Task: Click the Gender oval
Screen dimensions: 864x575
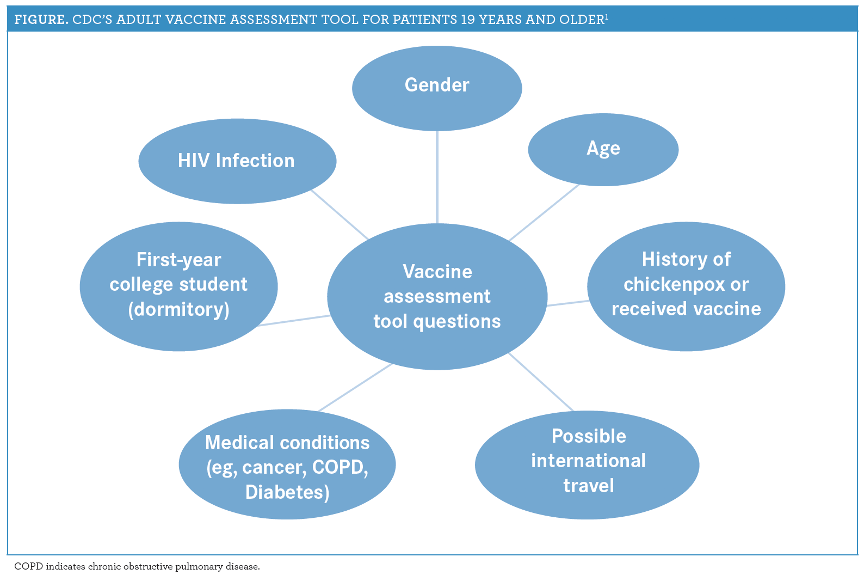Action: point(437,88)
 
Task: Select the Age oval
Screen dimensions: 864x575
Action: point(603,150)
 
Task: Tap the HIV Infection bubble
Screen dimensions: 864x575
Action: point(237,161)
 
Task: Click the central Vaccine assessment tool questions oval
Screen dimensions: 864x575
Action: point(437,296)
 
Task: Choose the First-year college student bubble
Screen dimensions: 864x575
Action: point(178,286)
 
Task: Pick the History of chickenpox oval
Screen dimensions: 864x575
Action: point(686,286)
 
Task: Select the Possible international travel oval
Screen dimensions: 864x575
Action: point(587,464)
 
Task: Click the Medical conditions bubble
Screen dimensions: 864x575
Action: point(287,464)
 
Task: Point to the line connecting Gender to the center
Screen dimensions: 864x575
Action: point(437,177)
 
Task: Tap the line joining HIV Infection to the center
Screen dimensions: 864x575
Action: point(340,214)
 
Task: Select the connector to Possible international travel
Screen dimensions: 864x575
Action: point(541,382)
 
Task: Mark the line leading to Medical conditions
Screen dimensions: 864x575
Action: point(355,387)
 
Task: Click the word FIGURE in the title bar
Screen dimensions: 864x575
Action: point(41,19)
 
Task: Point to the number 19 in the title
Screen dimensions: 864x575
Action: point(467,19)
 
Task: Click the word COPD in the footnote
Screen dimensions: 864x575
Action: point(28,566)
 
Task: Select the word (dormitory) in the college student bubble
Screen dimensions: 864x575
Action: point(178,309)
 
